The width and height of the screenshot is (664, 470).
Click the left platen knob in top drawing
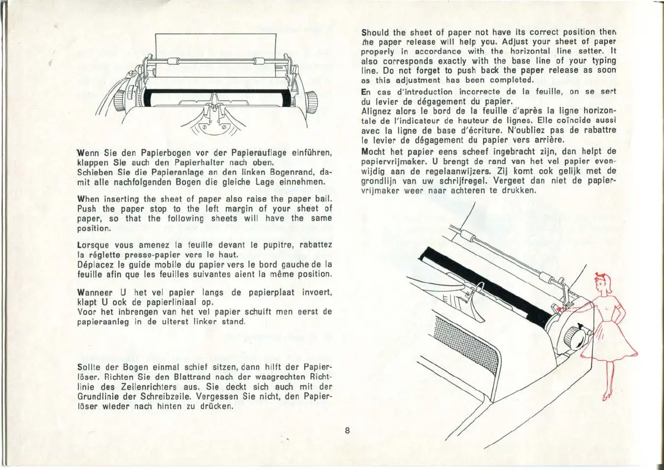pyautogui.click(x=118, y=100)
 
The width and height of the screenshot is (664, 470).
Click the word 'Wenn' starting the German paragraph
pyautogui.click(x=88, y=154)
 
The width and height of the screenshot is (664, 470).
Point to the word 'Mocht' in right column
pyautogui.click(x=373, y=151)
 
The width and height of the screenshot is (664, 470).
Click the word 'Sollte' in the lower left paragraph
pyautogui.click(x=90, y=367)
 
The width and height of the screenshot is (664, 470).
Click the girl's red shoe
pyautogui.click(x=607, y=396)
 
